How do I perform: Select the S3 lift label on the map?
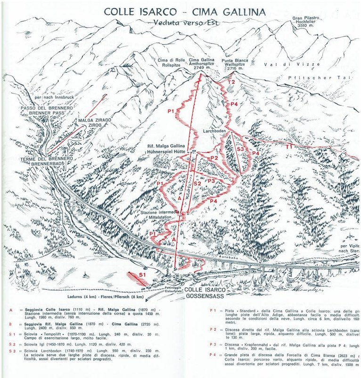(239, 149)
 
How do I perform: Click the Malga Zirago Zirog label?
(95, 124)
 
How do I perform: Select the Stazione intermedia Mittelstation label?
(160, 215)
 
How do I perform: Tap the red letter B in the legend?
(10, 326)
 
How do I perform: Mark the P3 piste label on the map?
(211, 181)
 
